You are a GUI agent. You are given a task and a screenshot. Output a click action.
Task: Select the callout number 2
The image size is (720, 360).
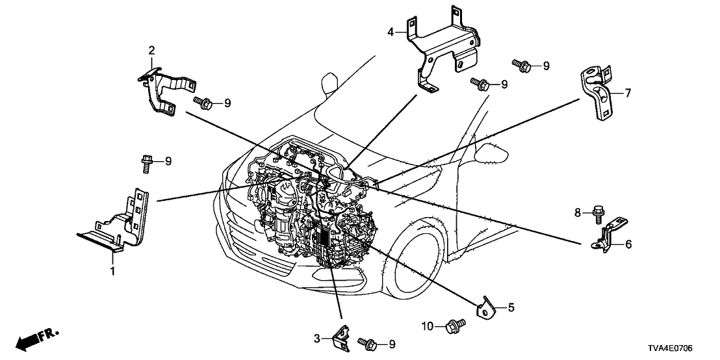point(151,50)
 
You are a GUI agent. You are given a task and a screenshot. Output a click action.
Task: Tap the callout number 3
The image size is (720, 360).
point(316,338)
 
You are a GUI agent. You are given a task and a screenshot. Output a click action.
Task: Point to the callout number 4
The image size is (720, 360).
point(391,31)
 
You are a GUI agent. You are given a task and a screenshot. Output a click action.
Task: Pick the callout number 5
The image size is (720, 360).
point(511,307)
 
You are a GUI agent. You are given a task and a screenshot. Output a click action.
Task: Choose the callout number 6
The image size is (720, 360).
point(628,244)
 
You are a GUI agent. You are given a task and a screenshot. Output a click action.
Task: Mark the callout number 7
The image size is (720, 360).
point(628,93)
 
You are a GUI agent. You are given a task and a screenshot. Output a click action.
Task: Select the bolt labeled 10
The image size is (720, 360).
point(453,325)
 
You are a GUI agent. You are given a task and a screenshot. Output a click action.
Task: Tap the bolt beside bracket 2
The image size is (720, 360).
point(203,103)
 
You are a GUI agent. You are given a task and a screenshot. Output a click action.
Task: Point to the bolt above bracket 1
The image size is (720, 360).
point(147,161)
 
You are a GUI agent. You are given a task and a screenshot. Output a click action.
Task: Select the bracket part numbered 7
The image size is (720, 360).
point(596,93)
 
